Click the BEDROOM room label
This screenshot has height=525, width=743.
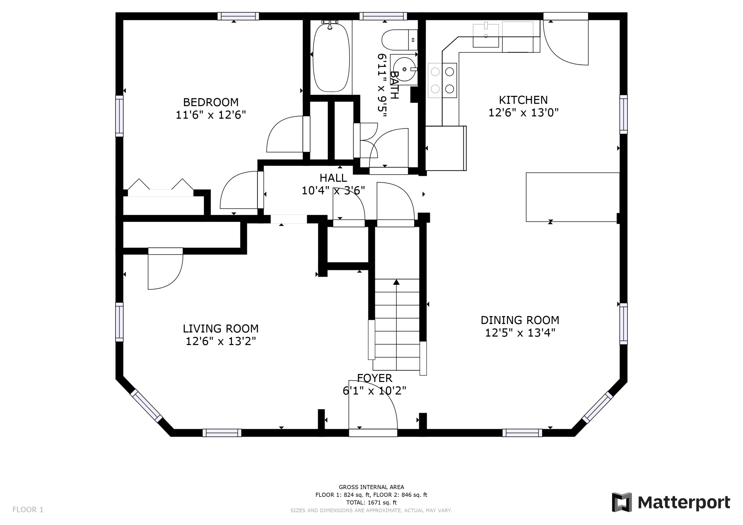click(x=211, y=102)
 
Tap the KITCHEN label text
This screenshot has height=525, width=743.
click(x=523, y=100)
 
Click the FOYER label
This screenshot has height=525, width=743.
click(x=374, y=378)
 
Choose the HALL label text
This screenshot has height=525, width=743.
click(x=333, y=177)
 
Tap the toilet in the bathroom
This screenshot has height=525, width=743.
click(x=400, y=40)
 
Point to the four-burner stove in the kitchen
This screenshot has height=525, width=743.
click(x=442, y=80)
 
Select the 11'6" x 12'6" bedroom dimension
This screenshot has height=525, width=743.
click(x=211, y=115)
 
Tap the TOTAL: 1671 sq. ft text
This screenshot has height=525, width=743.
click(x=371, y=502)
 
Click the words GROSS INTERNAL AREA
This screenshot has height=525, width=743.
click(x=371, y=487)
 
